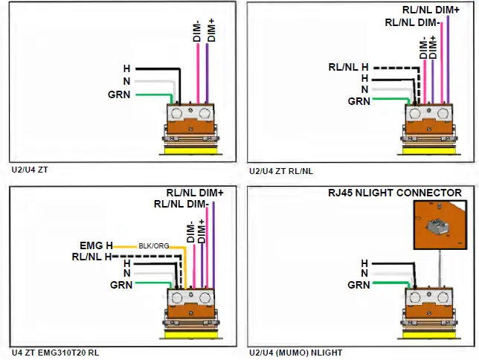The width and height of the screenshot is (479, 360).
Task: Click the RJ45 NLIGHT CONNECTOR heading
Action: click(x=395, y=193)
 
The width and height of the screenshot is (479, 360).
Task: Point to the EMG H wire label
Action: click(x=96, y=244)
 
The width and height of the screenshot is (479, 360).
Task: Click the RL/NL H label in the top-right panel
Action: click(x=348, y=67)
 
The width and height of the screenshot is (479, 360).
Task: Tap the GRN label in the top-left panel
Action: click(x=119, y=94)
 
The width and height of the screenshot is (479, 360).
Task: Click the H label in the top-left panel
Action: click(x=126, y=69)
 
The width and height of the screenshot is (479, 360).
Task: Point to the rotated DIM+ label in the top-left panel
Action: click(x=210, y=29)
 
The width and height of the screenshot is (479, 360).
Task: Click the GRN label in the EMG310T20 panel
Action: click(x=121, y=284)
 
